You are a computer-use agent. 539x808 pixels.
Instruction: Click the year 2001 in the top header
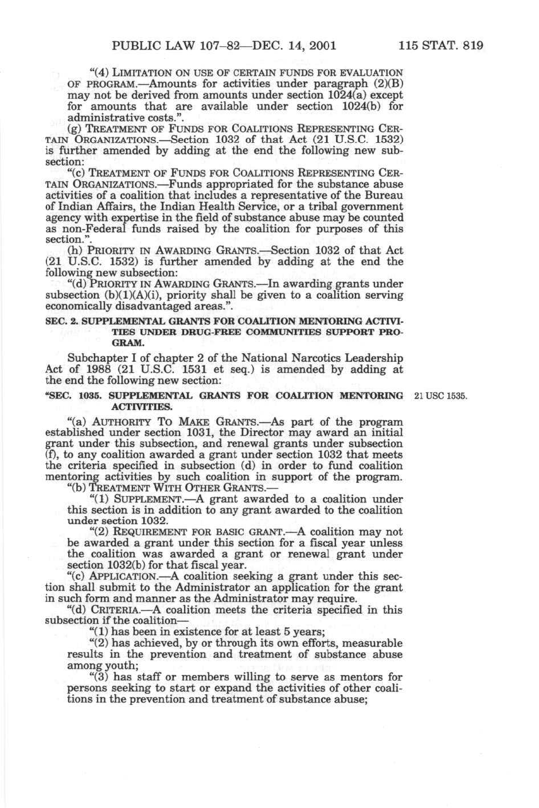click(319, 45)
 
